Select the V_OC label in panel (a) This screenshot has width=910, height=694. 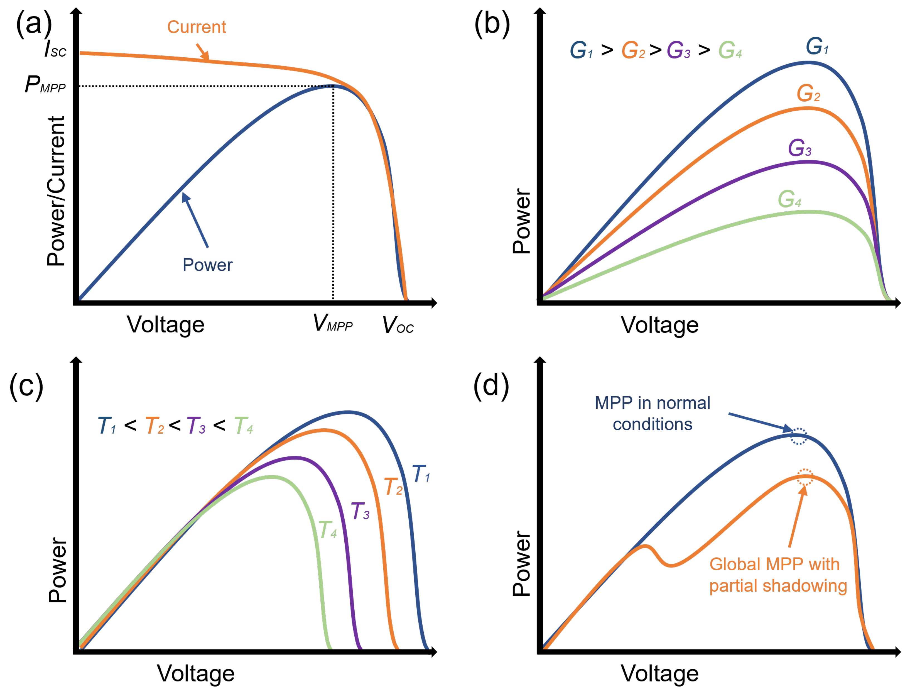coord(398,325)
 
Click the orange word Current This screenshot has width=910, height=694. coord(197,27)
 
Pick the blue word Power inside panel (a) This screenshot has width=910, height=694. coord(208,265)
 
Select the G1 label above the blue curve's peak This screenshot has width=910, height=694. coord(817,46)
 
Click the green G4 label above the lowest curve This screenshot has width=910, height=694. coord(789,199)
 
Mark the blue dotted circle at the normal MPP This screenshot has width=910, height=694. coord(799,436)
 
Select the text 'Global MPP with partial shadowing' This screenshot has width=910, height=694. coord(778,575)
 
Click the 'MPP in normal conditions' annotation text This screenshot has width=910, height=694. coord(652,414)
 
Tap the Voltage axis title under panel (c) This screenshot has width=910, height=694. coord(196,673)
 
